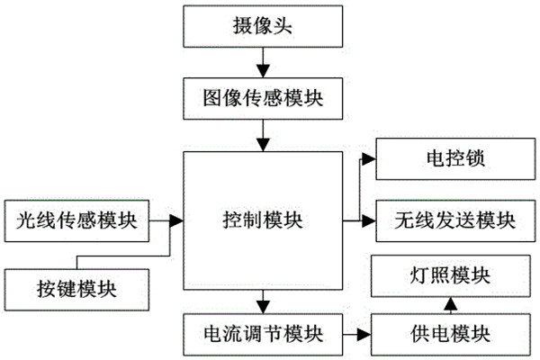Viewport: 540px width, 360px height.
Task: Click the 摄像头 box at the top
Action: [x=263, y=27]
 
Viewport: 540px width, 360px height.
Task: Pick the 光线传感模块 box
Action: [x=76, y=219]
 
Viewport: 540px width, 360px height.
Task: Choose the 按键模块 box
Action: [x=76, y=288]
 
